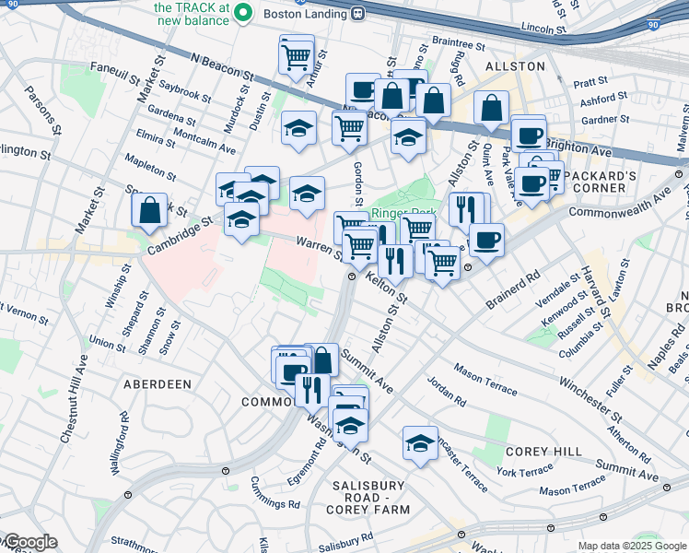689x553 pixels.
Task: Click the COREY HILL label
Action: pos(543,452)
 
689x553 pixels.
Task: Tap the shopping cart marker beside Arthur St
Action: pos(297,56)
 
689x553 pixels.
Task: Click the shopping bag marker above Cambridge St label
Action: pos(149,212)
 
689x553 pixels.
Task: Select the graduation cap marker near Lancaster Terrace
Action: pos(420,443)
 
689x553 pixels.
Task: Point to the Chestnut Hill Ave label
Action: pos(76,399)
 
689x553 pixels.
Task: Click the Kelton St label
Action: pos(387,288)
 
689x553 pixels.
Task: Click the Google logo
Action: pos(29,543)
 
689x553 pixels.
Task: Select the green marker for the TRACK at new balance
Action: pos(243,12)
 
